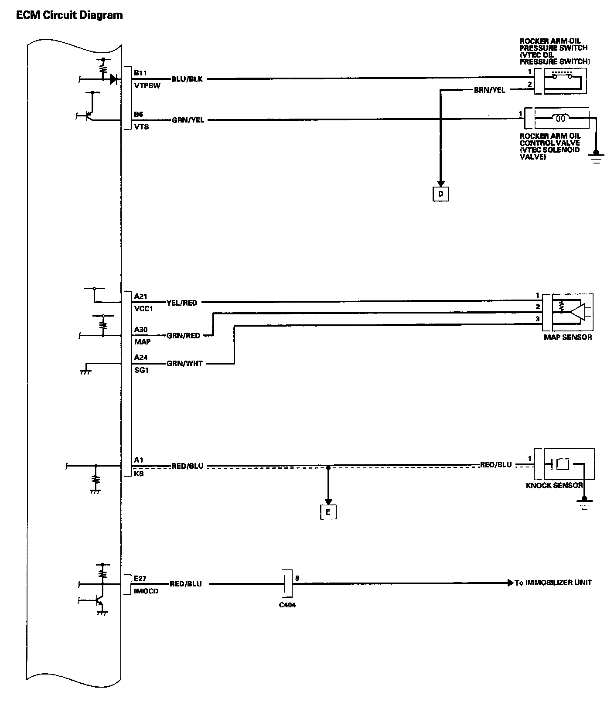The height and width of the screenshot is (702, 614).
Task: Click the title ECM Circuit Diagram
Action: click(x=69, y=15)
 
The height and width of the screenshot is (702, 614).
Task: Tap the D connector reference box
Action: click(x=440, y=194)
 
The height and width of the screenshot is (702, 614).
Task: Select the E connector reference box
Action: click(x=328, y=512)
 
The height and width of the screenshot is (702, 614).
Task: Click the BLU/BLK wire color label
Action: click(x=188, y=79)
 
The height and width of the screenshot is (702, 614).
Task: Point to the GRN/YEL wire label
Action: click(x=188, y=120)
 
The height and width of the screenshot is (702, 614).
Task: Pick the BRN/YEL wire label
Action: click(x=490, y=90)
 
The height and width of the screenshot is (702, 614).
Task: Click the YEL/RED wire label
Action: click(x=182, y=303)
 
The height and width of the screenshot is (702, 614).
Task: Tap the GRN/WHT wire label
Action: click(x=184, y=363)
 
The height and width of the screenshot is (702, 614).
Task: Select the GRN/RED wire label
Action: click(x=183, y=335)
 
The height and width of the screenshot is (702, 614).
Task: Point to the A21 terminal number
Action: click(x=140, y=296)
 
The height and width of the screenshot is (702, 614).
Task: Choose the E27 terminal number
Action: click(x=140, y=579)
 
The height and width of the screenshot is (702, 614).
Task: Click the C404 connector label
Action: click(x=287, y=605)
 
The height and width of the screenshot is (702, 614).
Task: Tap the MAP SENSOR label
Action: click(x=568, y=337)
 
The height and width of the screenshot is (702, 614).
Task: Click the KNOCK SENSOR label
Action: click(x=554, y=485)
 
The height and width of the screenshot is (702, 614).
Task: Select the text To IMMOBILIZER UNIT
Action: click(x=553, y=583)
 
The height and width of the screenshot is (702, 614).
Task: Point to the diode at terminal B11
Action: click(x=113, y=79)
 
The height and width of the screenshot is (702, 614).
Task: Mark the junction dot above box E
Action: click(x=328, y=467)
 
